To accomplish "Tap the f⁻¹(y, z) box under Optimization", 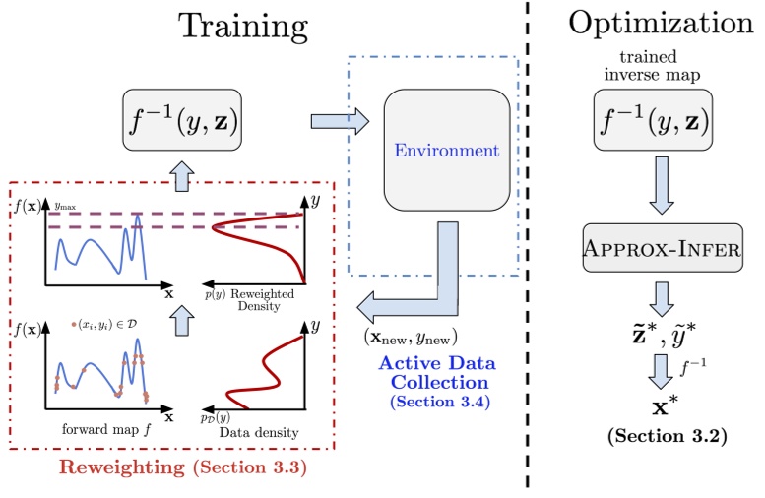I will [663, 121].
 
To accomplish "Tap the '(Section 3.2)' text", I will [662, 435].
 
